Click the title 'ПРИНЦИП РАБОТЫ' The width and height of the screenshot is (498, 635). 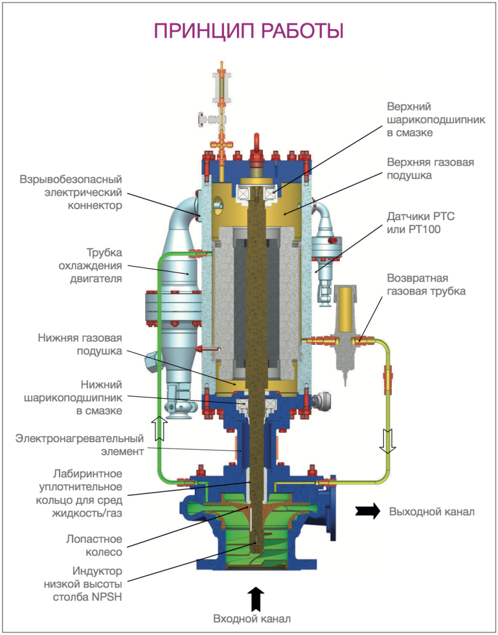tap(249, 31)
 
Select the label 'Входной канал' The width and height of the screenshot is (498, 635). tap(251, 619)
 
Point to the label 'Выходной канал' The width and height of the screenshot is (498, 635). tap(432, 512)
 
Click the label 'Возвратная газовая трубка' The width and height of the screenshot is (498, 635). tap(425, 285)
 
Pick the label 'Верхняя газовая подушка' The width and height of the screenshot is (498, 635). tap(430, 169)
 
